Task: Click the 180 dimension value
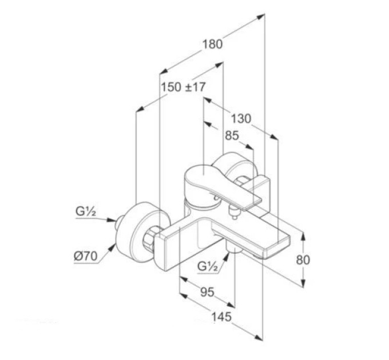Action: tap(213, 45)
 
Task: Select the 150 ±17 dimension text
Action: tap(184, 87)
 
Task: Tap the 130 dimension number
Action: tap(241, 119)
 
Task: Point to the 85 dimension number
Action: tap(232, 136)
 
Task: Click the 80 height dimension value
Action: tap(303, 260)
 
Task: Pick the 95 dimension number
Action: tap(207, 293)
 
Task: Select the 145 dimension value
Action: tap(221, 317)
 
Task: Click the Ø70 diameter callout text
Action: tap(86, 256)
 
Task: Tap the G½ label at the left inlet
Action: tap(86, 212)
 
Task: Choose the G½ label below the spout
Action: tap(208, 267)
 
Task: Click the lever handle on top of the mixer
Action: tap(219, 183)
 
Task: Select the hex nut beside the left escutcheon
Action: tap(150, 237)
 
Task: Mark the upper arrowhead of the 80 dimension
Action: tap(303, 236)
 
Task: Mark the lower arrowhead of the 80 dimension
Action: tap(303, 283)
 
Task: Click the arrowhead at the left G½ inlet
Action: tap(111, 220)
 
